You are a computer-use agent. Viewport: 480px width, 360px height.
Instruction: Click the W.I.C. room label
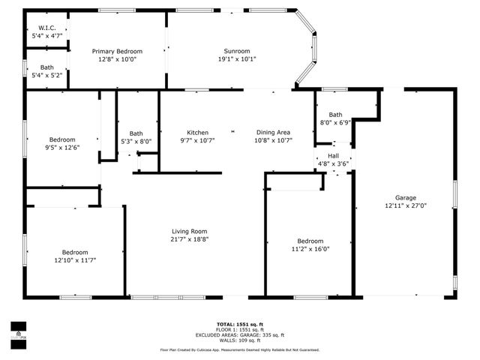point(46,27)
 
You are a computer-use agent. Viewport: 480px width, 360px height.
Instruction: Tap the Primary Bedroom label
point(117,51)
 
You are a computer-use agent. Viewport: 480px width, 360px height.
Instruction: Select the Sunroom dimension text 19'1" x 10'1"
point(237,59)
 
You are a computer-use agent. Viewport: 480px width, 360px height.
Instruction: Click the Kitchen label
point(197,132)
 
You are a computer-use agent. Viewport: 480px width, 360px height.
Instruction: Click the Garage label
point(405,196)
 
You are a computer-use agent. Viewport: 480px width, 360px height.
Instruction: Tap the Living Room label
point(188,231)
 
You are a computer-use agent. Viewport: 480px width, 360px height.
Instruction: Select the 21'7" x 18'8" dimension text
point(188,239)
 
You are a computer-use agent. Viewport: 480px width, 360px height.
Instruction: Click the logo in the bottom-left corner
point(16,329)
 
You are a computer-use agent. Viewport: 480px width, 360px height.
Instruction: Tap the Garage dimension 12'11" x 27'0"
point(405,205)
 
